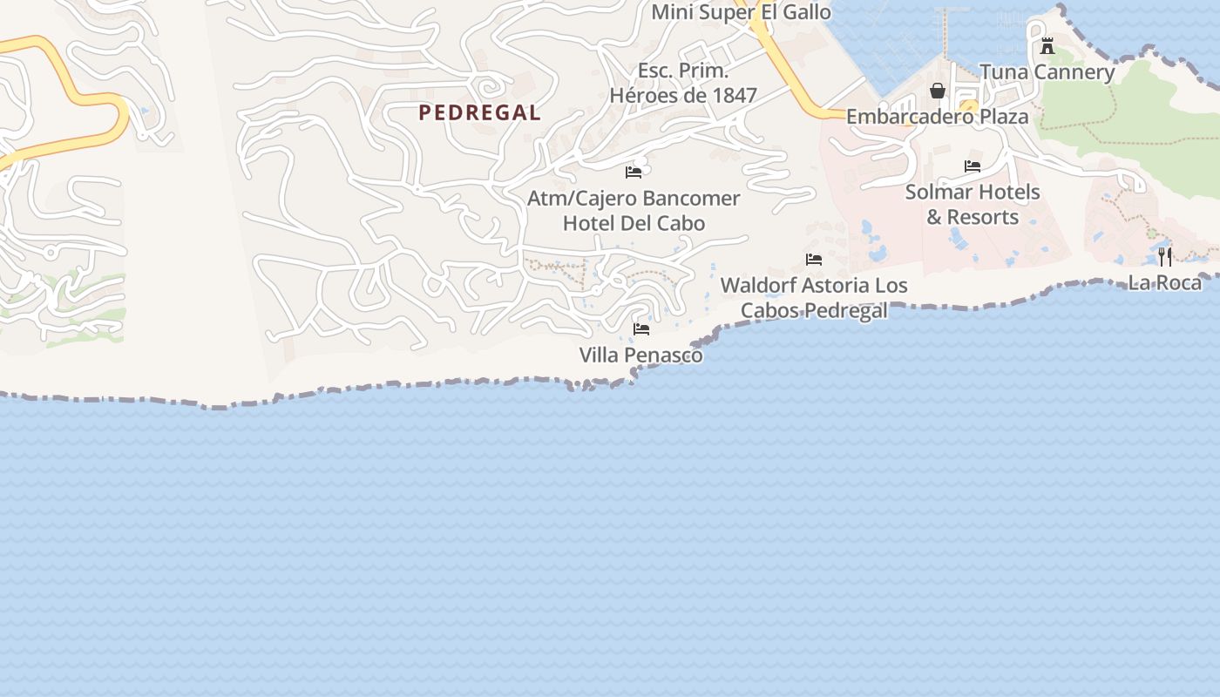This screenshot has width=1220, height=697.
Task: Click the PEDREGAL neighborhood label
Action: coord(479,112)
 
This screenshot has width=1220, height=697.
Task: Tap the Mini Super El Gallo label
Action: coord(741,12)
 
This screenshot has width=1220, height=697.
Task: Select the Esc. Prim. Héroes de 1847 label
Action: coord(683,83)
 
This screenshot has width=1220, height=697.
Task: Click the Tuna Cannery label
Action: coord(1047,72)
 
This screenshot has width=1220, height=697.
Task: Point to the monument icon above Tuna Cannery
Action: coord(1047,46)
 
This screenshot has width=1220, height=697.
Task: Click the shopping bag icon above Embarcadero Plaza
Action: coord(938,91)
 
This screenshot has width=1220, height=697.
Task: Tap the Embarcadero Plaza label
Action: coord(937,116)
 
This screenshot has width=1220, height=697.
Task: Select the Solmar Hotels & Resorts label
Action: coord(973,204)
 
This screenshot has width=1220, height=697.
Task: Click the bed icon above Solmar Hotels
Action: coord(973,166)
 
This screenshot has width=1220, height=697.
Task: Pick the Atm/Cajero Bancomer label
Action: coord(634,199)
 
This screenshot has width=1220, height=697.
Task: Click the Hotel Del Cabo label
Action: coord(634,223)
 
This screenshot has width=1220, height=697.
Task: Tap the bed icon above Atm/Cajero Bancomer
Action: coord(634,172)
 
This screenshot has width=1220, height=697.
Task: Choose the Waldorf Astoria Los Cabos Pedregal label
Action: coord(814,297)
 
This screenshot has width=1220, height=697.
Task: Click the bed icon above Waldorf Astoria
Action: coord(814,260)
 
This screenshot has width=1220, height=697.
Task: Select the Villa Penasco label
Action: coord(641,355)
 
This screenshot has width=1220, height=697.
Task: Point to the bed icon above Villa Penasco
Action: coord(641,329)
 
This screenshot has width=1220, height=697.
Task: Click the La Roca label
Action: coord(1165,282)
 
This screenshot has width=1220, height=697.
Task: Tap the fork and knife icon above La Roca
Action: coord(1165,256)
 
